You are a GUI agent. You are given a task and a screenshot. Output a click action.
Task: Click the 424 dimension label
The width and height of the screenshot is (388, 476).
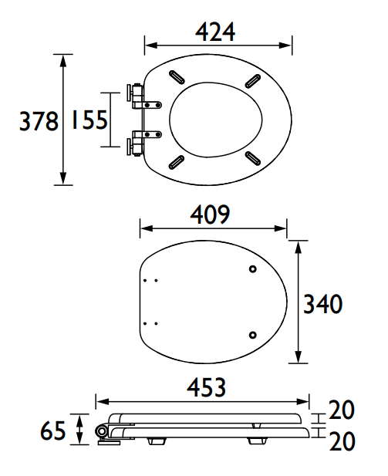215,32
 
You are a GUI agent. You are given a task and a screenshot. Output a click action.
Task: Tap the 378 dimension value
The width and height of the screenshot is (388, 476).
39,121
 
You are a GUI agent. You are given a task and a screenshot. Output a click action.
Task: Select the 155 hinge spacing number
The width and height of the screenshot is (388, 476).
89,120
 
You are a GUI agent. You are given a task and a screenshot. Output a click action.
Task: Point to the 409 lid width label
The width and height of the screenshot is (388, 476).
210,214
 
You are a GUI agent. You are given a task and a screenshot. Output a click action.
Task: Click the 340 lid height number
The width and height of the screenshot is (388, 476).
322,304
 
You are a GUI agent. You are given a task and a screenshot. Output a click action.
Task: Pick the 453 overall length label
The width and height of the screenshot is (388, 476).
206,387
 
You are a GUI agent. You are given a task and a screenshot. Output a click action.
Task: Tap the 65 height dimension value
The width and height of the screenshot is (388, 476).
52,430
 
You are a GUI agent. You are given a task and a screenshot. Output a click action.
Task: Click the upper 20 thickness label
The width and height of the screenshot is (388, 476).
342,410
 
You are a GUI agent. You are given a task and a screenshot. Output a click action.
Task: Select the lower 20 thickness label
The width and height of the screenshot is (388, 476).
342,441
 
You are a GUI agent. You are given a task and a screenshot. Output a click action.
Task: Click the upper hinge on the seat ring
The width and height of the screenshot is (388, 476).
143,97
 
